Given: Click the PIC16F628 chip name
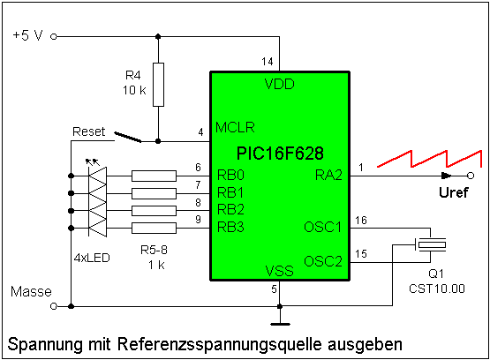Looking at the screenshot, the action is [280, 154].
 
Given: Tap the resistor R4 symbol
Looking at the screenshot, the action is [158, 85].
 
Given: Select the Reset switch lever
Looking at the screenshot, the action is [128, 137].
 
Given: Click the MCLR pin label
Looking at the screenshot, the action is [235, 127].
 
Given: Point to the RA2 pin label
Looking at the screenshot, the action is [328, 175].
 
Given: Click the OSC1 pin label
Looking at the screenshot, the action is [323, 227].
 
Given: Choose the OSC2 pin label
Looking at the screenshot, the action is [323, 261].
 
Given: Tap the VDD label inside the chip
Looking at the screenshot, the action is [279, 84].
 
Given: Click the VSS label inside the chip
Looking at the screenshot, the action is [279, 271].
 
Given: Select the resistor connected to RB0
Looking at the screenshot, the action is [154, 176].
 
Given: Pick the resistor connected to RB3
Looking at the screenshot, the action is [154, 229].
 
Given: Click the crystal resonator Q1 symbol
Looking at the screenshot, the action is [433, 244].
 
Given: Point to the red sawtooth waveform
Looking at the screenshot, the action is [430, 159].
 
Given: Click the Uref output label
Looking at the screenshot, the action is [454, 192].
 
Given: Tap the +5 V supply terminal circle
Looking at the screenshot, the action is [54, 37].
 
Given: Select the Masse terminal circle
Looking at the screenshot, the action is [54, 306].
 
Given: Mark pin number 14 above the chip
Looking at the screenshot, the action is [268, 62].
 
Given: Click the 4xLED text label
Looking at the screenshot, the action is [92, 258].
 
